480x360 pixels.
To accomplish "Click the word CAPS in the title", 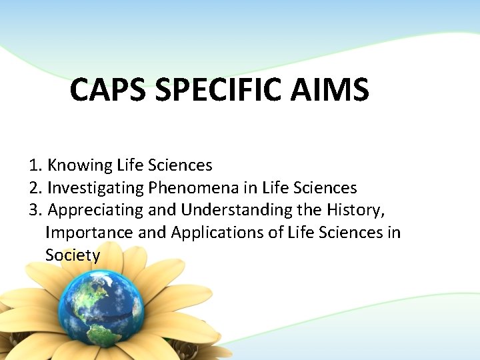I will pyautogui.click(x=108, y=90).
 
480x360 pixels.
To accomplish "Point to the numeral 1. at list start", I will pyautogui.click(x=36, y=165).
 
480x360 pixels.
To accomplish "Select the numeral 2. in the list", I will pyautogui.click(x=36, y=187).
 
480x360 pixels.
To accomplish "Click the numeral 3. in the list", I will pyautogui.click(x=36, y=210).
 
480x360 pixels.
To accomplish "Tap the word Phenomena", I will pyautogui.click(x=189, y=187).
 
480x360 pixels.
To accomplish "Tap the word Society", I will pyautogui.click(x=73, y=255).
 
